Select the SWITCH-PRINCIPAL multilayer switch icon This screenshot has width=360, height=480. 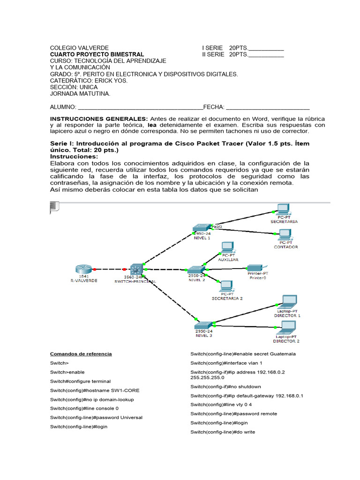[x=136, y=269]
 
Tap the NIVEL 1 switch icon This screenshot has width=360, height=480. [x=202, y=228]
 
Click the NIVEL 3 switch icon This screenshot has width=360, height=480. [x=204, y=325]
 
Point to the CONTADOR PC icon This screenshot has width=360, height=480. [x=285, y=235]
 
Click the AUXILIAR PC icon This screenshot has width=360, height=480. [x=227, y=247]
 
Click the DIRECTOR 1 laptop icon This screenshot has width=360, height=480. [x=287, y=302]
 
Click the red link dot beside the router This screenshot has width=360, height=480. [x=95, y=270]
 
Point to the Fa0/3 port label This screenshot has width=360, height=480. [x=217, y=226]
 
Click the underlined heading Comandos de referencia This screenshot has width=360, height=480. [x=81, y=354]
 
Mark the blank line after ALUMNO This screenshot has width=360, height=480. [x=140, y=107]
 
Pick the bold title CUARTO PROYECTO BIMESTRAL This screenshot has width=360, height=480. [x=97, y=54]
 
